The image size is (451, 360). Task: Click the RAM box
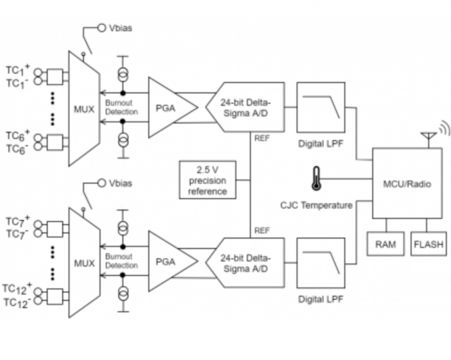point(386,244)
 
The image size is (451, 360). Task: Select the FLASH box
point(428,244)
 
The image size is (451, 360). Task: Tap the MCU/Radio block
point(407,183)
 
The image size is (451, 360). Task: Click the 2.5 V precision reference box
point(207,180)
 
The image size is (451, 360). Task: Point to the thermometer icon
point(316,178)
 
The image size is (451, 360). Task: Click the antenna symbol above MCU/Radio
point(428,138)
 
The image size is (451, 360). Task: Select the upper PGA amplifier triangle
point(173,107)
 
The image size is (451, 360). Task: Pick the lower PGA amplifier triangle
point(173,262)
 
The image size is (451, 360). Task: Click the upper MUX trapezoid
point(84,109)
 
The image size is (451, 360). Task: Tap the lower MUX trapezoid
point(84,263)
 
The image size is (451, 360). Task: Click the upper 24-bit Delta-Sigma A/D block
point(245,107)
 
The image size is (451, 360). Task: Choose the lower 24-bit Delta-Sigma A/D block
point(245,263)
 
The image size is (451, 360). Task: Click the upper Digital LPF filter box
point(321,107)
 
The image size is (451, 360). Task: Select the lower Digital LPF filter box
point(321,263)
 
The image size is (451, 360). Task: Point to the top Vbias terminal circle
point(101,28)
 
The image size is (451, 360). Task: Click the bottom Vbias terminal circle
point(101,183)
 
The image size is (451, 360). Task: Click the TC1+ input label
point(18,70)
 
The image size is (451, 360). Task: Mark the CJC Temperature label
point(316,205)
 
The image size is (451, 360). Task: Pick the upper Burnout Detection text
point(121,107)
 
